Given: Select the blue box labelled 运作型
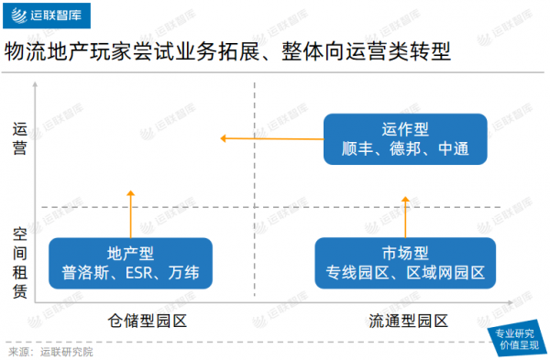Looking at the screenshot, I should pyautogui.click(x=405, y=138).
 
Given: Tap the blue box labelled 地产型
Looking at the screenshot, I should pyautogui.click(x=130, y=262).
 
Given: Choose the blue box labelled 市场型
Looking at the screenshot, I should pyautogui.click(x=405, y=262).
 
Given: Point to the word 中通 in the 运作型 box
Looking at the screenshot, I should pyautogui.click(x=456, y=148).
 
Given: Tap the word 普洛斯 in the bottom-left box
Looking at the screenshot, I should pyautogui.click(x=87, y=272).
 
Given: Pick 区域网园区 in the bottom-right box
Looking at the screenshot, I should pyautogui.click(x=445, y=272).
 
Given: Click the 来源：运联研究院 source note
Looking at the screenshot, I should pyautogui.click(x=50, y=351).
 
